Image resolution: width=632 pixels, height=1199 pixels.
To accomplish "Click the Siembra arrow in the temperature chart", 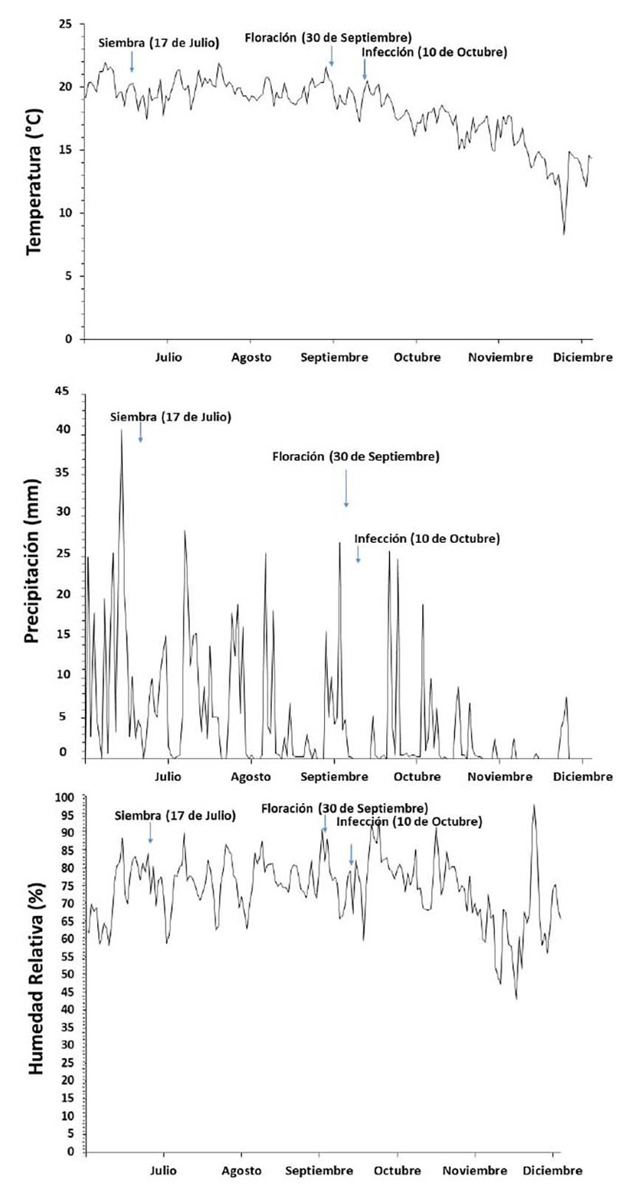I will [132, 61].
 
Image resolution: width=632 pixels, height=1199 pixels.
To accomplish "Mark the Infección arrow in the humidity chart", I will [352, 854].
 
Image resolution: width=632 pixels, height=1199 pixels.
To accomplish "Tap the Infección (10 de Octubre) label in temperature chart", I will [434, 52].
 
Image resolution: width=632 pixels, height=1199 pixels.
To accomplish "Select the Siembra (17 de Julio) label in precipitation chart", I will [170, 417].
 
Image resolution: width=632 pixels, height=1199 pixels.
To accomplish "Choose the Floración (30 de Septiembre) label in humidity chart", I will [344, 809].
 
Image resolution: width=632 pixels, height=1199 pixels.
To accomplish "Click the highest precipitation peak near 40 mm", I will [121, 430].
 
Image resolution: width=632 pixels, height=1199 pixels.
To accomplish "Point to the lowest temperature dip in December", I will [565, 234].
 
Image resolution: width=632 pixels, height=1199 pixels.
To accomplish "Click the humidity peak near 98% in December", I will [534, 805].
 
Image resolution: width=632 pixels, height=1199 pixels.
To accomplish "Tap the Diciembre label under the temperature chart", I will [582, 358].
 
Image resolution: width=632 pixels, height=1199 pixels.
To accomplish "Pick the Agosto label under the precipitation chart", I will [252, 777].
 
